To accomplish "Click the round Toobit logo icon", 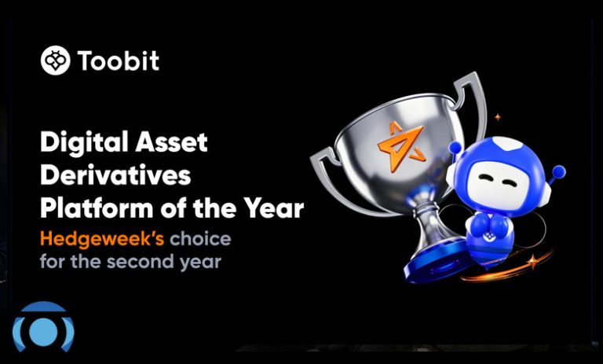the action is pos(56,61).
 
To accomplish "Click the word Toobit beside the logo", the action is pos(119,61).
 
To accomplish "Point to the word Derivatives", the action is pos(115,175).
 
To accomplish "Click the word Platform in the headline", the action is pos(97,208).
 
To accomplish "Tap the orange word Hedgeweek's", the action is pos(102,239).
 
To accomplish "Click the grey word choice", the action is pos(200,239).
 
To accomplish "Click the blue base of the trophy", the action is pos(433,262).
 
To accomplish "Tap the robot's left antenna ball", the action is pos(455,147).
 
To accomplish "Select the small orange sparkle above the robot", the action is pos(498,116).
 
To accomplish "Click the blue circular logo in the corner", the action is pos(43,327).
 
